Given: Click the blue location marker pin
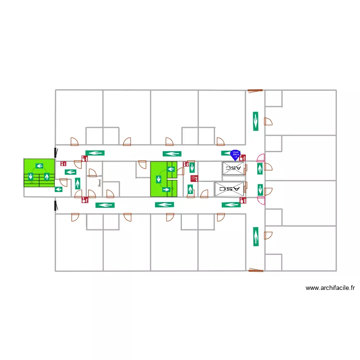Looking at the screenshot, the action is click(x=235, y=155).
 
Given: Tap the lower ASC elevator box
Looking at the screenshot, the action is click(x=229, y=189).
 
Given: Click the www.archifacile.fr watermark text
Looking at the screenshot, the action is click(x=330, y=288).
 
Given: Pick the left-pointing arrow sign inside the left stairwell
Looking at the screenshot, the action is click(x=39, y=166).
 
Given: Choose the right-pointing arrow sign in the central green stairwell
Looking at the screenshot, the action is click(x=167, y=190).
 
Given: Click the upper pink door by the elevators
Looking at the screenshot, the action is click(x=261, y=157).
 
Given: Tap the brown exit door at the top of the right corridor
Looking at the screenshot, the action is click(x=255, y=90).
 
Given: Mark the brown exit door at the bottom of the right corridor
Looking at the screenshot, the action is click(x=255, y=270).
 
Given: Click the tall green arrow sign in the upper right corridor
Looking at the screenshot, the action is click(x=256, y=121).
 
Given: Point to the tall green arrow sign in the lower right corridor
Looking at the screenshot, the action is click(x=256, y=236).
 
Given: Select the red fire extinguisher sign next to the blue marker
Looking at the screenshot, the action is click(x=242, y=157).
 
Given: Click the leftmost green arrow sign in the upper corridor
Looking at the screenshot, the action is click(x=95, y=153).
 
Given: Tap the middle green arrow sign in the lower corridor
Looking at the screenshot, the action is click(x=164, y=205).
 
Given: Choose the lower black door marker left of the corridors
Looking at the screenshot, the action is click(x=55, y=205).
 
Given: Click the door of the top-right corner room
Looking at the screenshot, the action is click(x=268, y=121).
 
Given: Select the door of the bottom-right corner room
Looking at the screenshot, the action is click(x=268, y=235).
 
